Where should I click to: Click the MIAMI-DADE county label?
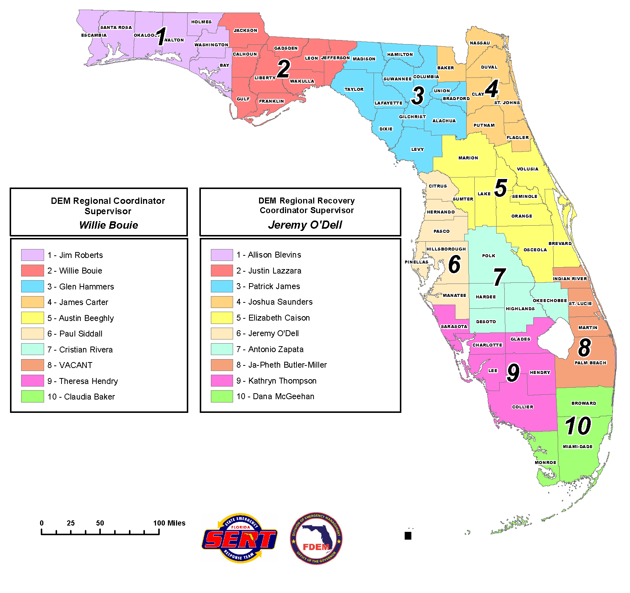tap(577, 447)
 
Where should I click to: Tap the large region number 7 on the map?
tap(500, 277)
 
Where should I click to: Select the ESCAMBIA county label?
tap(94, 35)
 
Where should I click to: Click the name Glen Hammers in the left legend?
tap(86, 286)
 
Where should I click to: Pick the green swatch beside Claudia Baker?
tap(33, 397)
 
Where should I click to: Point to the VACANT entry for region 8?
tap(76, 365)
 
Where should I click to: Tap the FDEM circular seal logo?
tap(316, 539)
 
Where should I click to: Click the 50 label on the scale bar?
tap(100, 523)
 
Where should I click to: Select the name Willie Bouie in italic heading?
tap(109, 225)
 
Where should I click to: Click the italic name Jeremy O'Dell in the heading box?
tap(305, 225)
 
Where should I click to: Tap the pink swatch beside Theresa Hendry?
tap(33, 381)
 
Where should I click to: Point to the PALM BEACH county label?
tap(590, 363)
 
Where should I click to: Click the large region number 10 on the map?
tap(578, 426)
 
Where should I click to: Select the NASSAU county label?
tap(480, 43)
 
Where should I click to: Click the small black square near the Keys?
tap(408, 536)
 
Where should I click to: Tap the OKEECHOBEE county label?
tap(550, 301)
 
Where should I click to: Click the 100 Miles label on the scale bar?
tap(169, 523)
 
